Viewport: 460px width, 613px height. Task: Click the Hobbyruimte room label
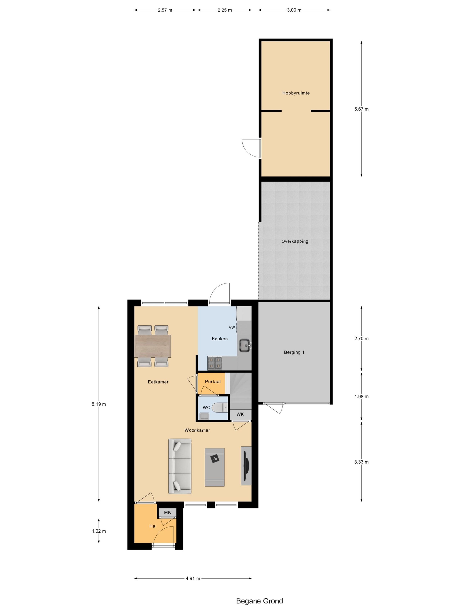point(296,93)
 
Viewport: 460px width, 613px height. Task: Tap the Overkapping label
point(295,241)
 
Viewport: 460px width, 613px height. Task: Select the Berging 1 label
point(294,352)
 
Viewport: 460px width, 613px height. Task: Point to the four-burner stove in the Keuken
point(215,363)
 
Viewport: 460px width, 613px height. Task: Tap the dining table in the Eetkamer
point(152,346)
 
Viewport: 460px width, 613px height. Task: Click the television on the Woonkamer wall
point(246,465)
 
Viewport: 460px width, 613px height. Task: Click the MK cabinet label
point(167,512)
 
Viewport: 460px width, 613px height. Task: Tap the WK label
point(240,414)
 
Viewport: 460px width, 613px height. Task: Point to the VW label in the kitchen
point(232,328)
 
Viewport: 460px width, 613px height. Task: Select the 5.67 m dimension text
point(361,109)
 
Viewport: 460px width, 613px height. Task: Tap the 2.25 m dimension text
point(225,10)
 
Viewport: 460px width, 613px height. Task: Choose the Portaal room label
point(213,382)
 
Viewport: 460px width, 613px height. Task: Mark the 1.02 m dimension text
point(99,531)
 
